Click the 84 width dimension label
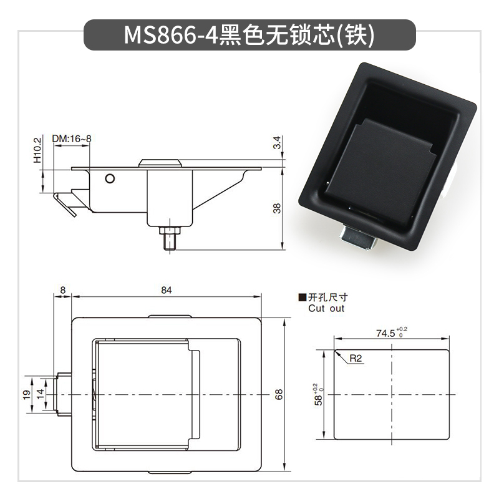coord(166,290)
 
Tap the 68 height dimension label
coord(279,394)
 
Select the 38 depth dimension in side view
coord(278,208)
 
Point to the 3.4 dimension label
coord(278,143)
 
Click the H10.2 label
coord(37,150)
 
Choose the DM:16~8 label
coord(72,138)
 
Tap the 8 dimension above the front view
coord(63,290)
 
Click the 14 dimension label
coord(40,394)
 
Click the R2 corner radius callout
coord(356,359)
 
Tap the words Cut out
coord(326,308)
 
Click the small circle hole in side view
coord(110,179)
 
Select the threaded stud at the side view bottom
coord(168,240)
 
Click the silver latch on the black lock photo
coord(357,238)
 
